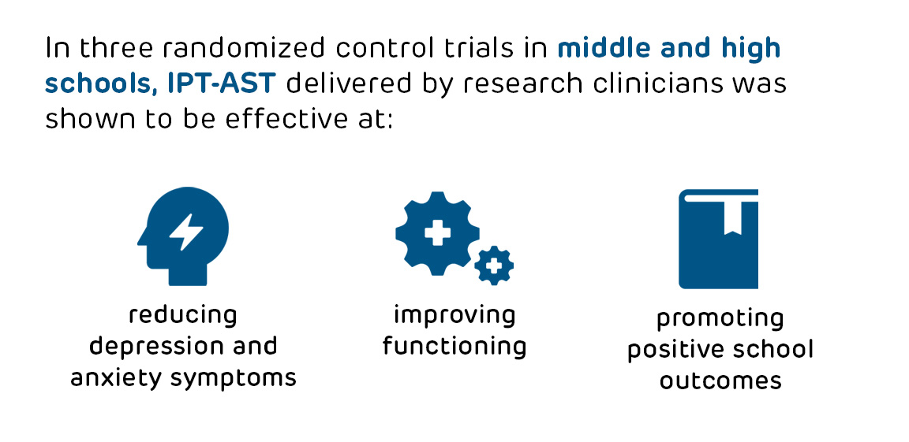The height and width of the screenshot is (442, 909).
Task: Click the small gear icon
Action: coord(494,266)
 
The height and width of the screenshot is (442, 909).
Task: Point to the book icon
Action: coord(718,239)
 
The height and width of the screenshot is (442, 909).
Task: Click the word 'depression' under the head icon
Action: coord(140,347)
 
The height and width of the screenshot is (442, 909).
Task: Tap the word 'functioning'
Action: coord(454,347)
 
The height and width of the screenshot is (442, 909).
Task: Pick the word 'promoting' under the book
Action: coord(720,319)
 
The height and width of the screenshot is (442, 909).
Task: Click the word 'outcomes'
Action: coord(720,381)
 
